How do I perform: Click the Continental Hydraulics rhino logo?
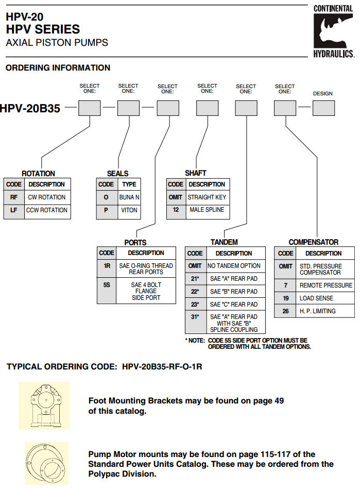point(333,31)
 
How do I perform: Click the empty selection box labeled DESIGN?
point(323,108)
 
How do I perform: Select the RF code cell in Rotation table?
point(14,197)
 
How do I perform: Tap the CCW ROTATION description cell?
point(47,210)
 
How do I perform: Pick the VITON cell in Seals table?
point(129,210)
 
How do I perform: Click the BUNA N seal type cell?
point(129,197)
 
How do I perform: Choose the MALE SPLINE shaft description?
point(207,210)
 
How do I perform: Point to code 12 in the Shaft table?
point(176,210)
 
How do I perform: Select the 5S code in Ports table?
point(107,284)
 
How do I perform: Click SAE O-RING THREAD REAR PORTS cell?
point(146,269)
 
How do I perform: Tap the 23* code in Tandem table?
point(195,304)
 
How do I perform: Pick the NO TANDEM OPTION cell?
point(234,266)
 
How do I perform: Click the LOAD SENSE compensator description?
point(316,298)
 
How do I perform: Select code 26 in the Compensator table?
point(285,311)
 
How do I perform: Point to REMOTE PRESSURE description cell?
point(325,285)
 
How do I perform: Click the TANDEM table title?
point(224,242)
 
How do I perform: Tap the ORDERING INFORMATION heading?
point(58,68)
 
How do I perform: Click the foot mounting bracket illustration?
point(44,406)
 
